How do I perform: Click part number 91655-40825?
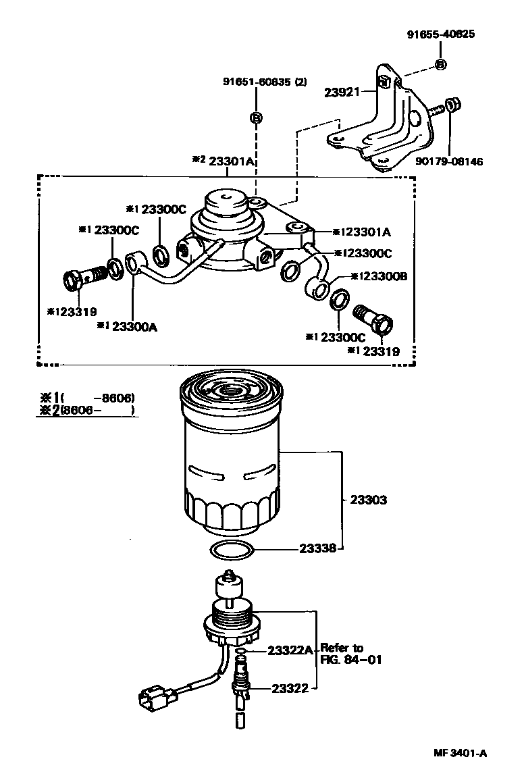(441, 34)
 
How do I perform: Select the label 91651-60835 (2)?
(265, 82)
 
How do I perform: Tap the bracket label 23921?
(342, 92)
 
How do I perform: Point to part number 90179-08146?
(448, 162)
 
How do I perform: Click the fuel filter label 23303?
(368, 500)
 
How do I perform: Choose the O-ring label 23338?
(317, 548)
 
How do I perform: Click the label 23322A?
(290, 650)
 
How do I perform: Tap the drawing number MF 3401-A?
(460, 753)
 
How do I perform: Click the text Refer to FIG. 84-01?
(351, 654)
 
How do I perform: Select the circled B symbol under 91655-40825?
(440, 65)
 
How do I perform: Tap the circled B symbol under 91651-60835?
(256, 118)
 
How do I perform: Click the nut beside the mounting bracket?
(452, 105)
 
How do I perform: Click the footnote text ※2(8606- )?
(86, 411)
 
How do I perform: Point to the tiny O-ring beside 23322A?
(240, 650)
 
